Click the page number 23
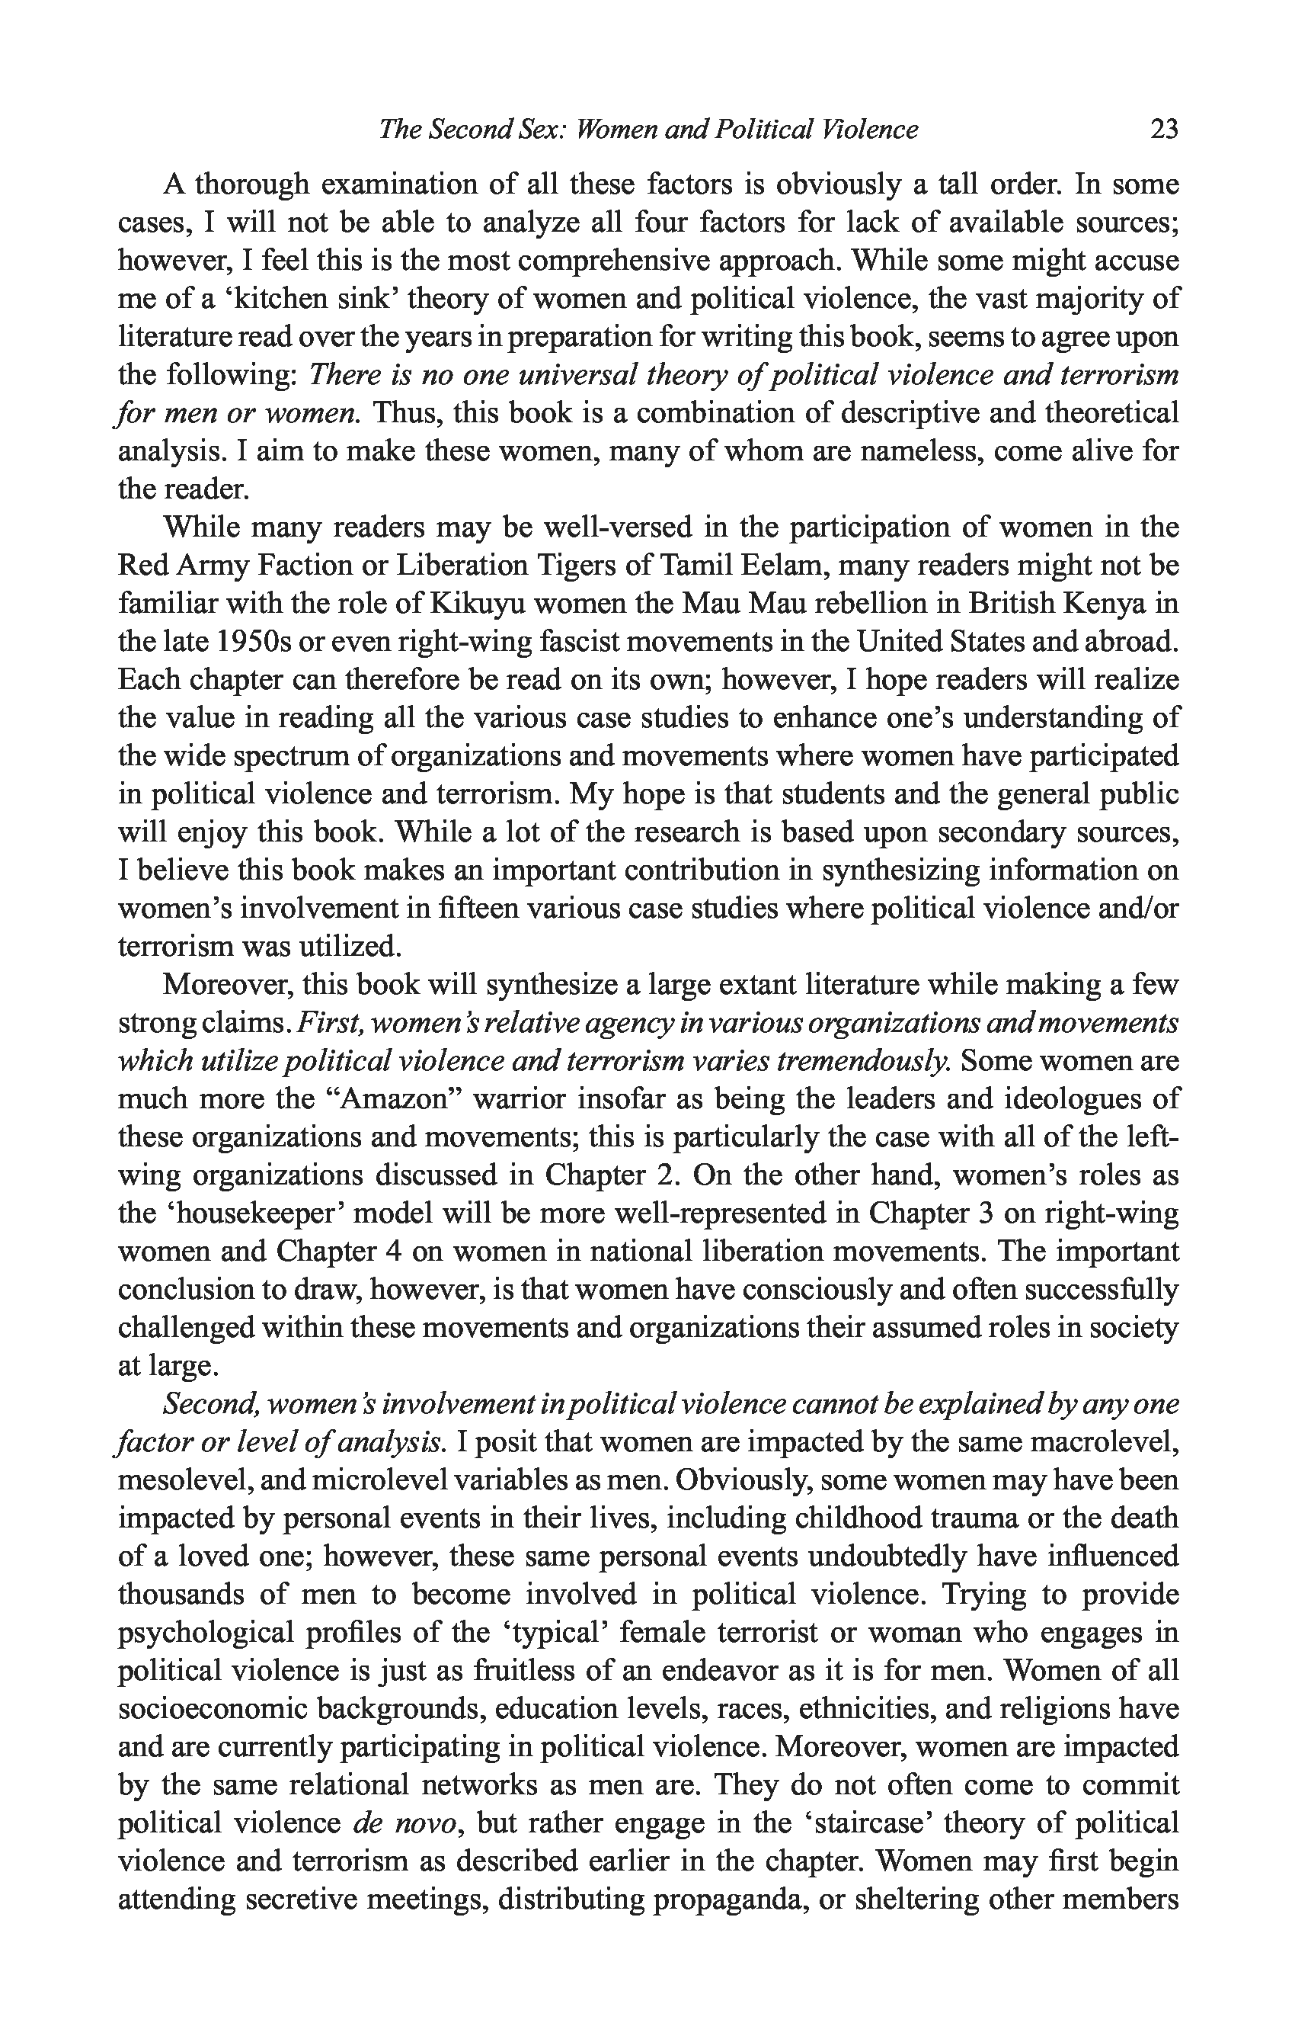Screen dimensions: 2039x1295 click(1164, 130)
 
